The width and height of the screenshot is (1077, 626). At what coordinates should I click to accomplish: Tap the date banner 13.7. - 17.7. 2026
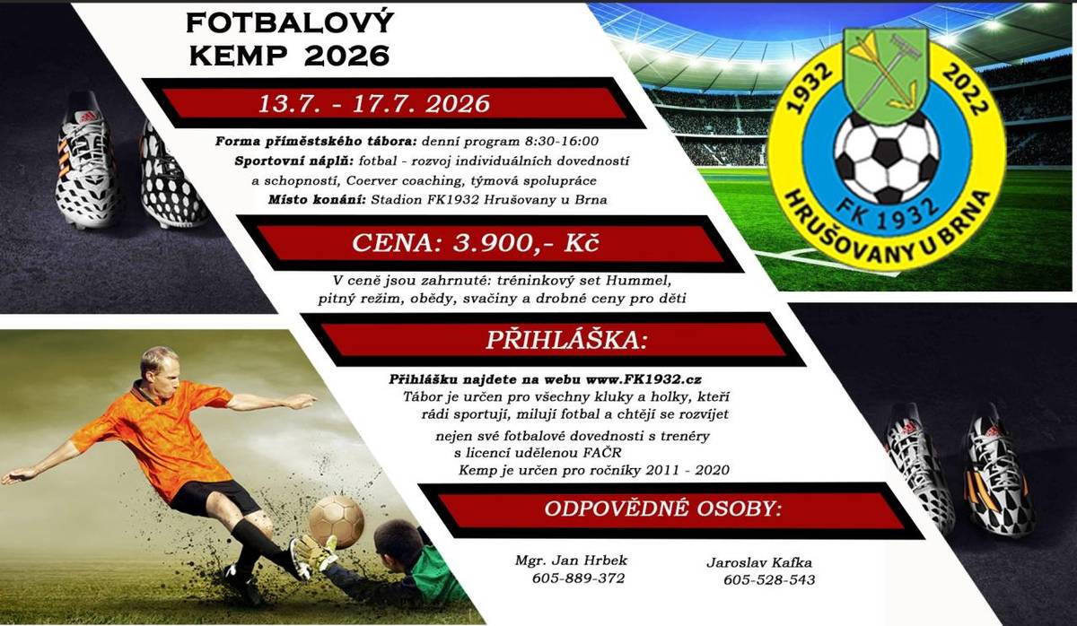coord(373,103)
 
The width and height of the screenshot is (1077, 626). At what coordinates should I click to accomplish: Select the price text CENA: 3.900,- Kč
coord(487,242)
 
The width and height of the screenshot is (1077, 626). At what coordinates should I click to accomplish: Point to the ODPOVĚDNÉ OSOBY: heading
coord(662,509)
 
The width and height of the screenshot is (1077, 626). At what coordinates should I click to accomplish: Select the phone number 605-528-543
coord(769,580)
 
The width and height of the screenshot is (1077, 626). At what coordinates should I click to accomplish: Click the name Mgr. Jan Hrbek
coord(571,561)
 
